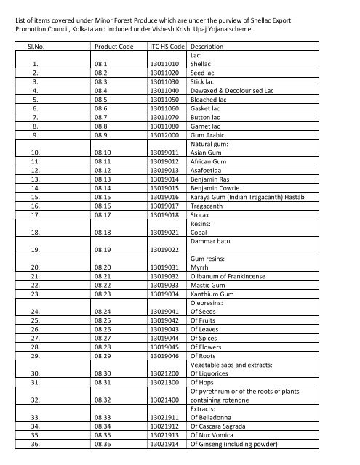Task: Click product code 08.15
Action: [105, 196]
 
